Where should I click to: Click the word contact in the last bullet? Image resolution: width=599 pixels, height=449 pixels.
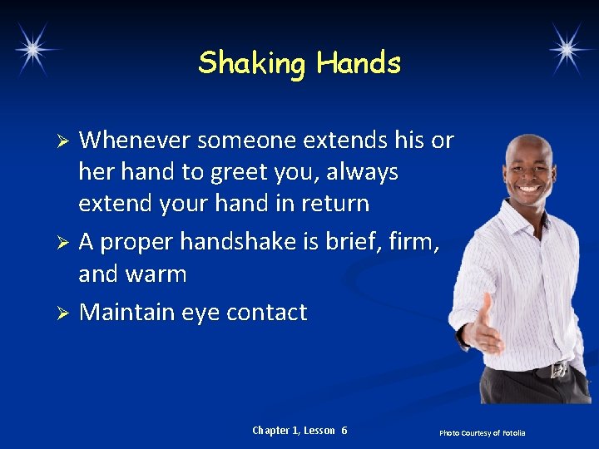click(266, 313)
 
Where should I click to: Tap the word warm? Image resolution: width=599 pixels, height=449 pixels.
click(156, 274)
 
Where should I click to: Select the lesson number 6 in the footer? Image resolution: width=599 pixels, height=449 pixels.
click(344, 431)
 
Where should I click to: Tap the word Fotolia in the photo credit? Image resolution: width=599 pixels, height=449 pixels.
click(513, 433)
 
